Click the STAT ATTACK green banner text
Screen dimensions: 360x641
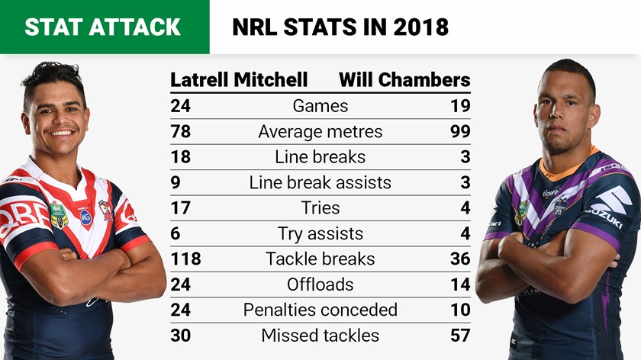click(102, 27)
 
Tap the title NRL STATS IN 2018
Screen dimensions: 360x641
click(340, 27)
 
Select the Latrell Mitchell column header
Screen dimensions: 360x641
click(239, 79)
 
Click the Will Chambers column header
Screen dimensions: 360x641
click(404, 79)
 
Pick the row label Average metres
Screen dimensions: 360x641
click(320, 131)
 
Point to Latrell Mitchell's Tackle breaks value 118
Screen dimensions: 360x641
click(185, 259)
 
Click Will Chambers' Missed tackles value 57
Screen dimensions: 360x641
click(460, 335)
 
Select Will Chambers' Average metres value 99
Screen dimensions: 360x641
click(460, 131)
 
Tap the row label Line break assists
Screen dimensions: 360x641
click(320, 182)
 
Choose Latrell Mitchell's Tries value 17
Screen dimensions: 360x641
click(180, 207)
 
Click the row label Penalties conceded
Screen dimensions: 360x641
click(320, 310)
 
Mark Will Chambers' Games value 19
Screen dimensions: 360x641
click(460, 106)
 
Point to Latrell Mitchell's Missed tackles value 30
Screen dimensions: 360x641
click(181, 335)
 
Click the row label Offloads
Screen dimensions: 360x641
click(320, 284)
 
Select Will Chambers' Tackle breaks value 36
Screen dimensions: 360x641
click(460, 259)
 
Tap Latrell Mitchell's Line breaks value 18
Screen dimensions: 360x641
click(180, 157)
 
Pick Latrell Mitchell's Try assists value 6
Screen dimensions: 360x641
click(176, 233)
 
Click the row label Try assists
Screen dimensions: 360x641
click(320, 233)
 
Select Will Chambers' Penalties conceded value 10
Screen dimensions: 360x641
click(460, 310)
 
